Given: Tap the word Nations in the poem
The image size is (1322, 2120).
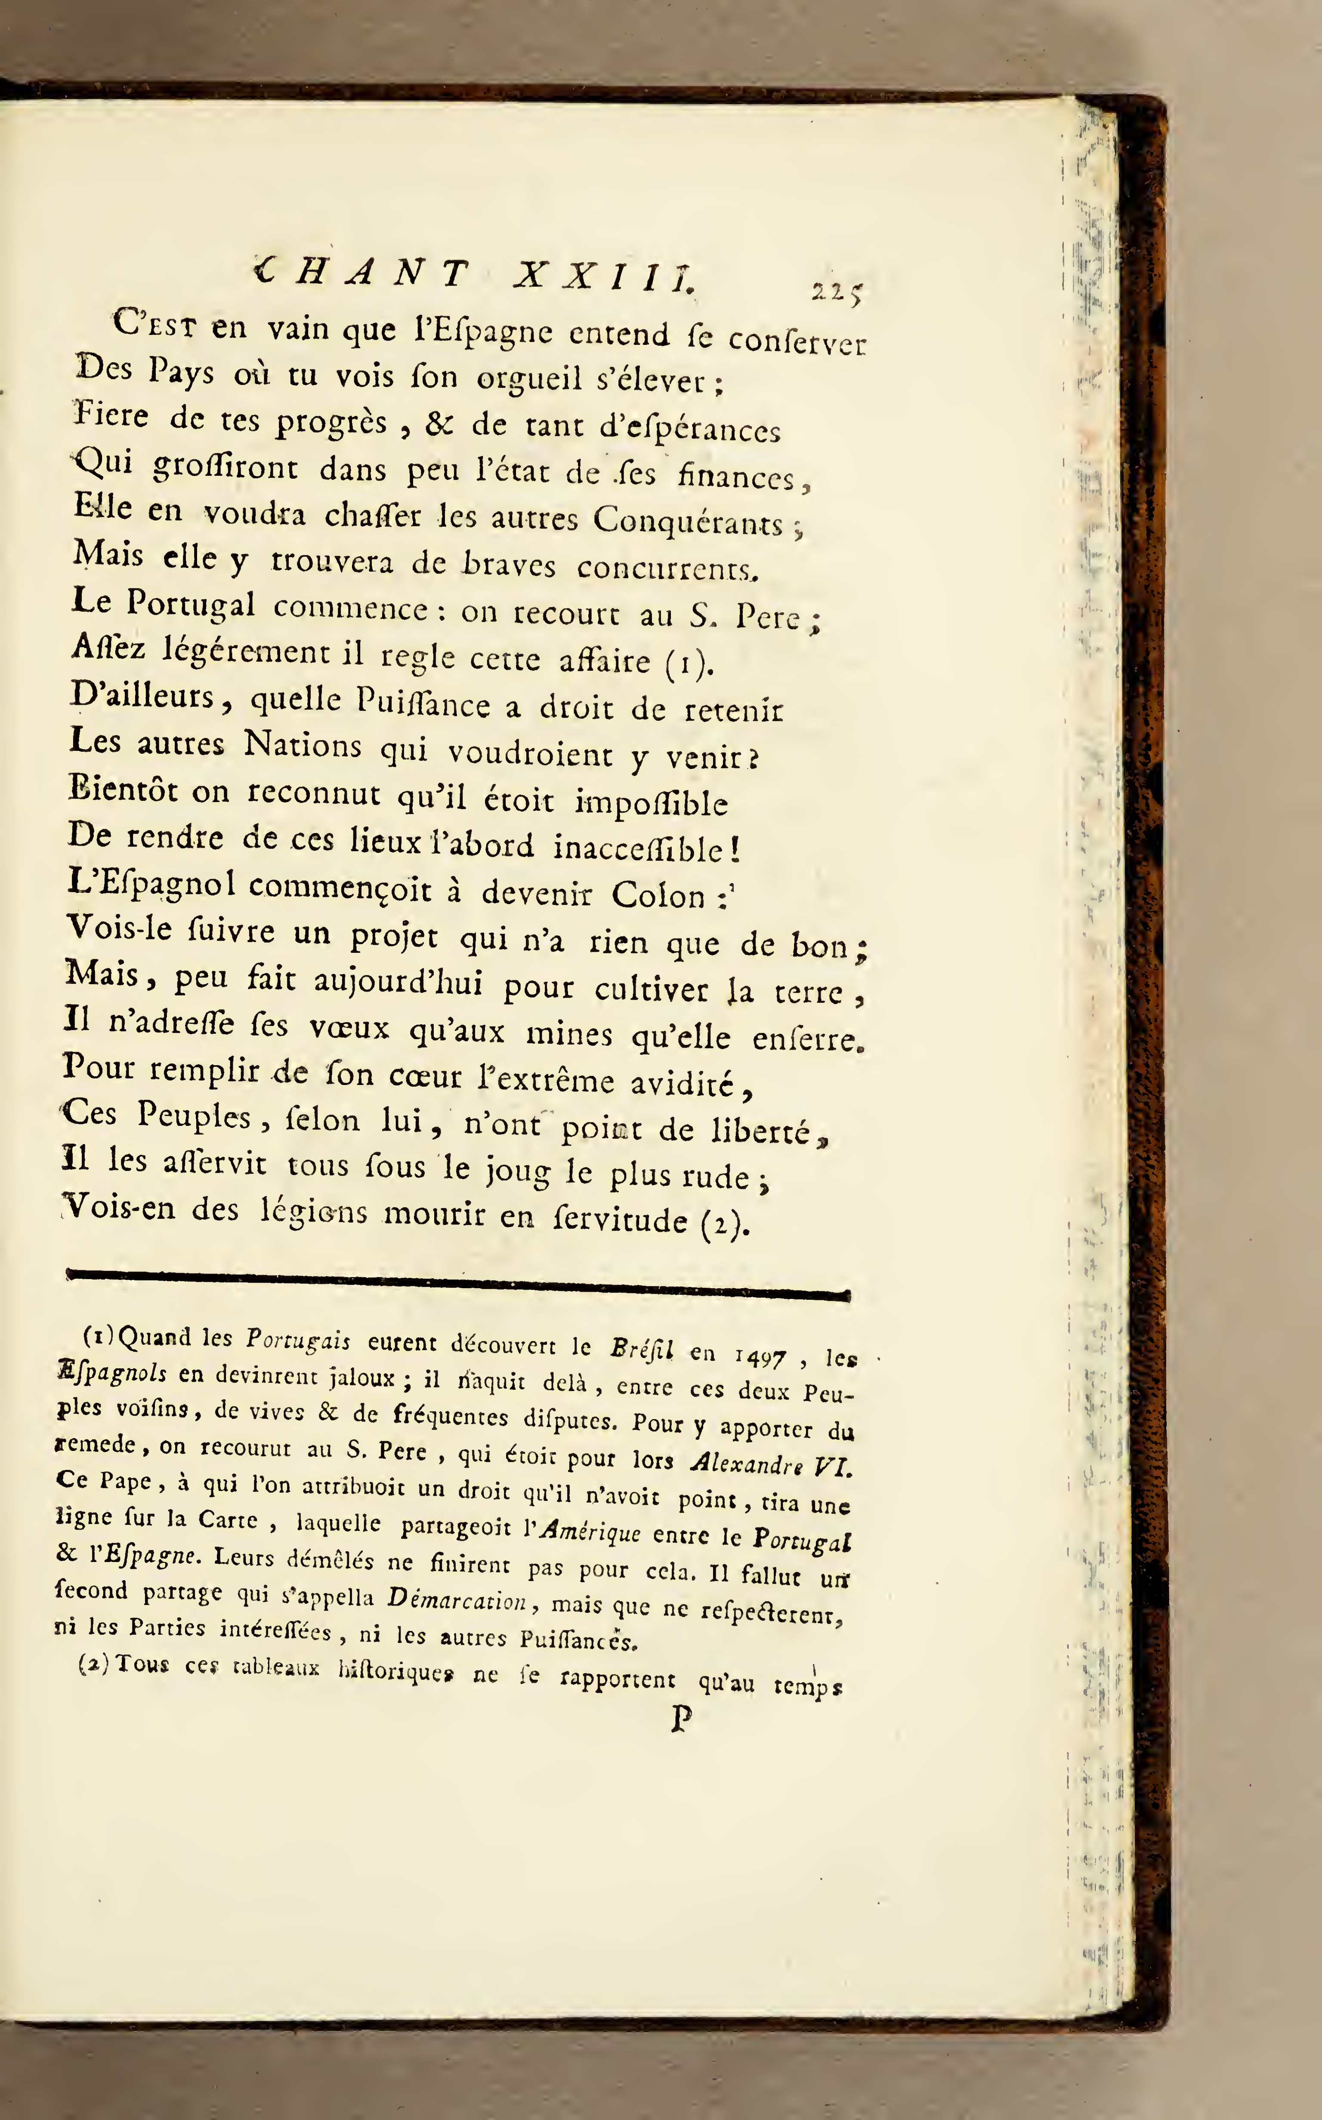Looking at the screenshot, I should [x=303, y=745].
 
